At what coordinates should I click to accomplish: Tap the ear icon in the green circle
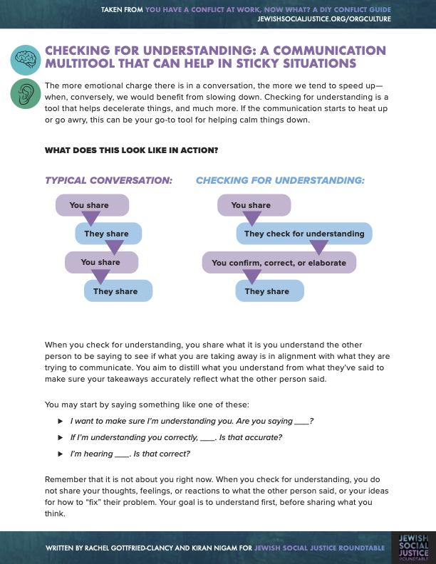click(26, 93)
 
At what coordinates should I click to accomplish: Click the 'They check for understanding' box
click(304, 234)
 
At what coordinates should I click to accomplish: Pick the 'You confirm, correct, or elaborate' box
click(279, 263)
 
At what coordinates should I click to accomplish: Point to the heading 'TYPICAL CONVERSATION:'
click(108, 181)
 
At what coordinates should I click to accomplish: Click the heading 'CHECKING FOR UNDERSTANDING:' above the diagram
click(280, 181)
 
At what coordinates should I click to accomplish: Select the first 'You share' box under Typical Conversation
click(92, 205)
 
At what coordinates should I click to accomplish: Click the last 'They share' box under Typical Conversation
click(118, 291)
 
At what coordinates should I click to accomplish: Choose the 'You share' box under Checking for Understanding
click(251, 205)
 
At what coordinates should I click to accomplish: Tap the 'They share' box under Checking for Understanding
click(269, 291)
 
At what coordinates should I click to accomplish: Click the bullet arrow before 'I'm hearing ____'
click(61, 454)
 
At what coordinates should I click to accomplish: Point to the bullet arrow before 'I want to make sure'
click(61, 421)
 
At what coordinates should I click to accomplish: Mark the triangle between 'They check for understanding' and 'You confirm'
click(318, 248)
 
